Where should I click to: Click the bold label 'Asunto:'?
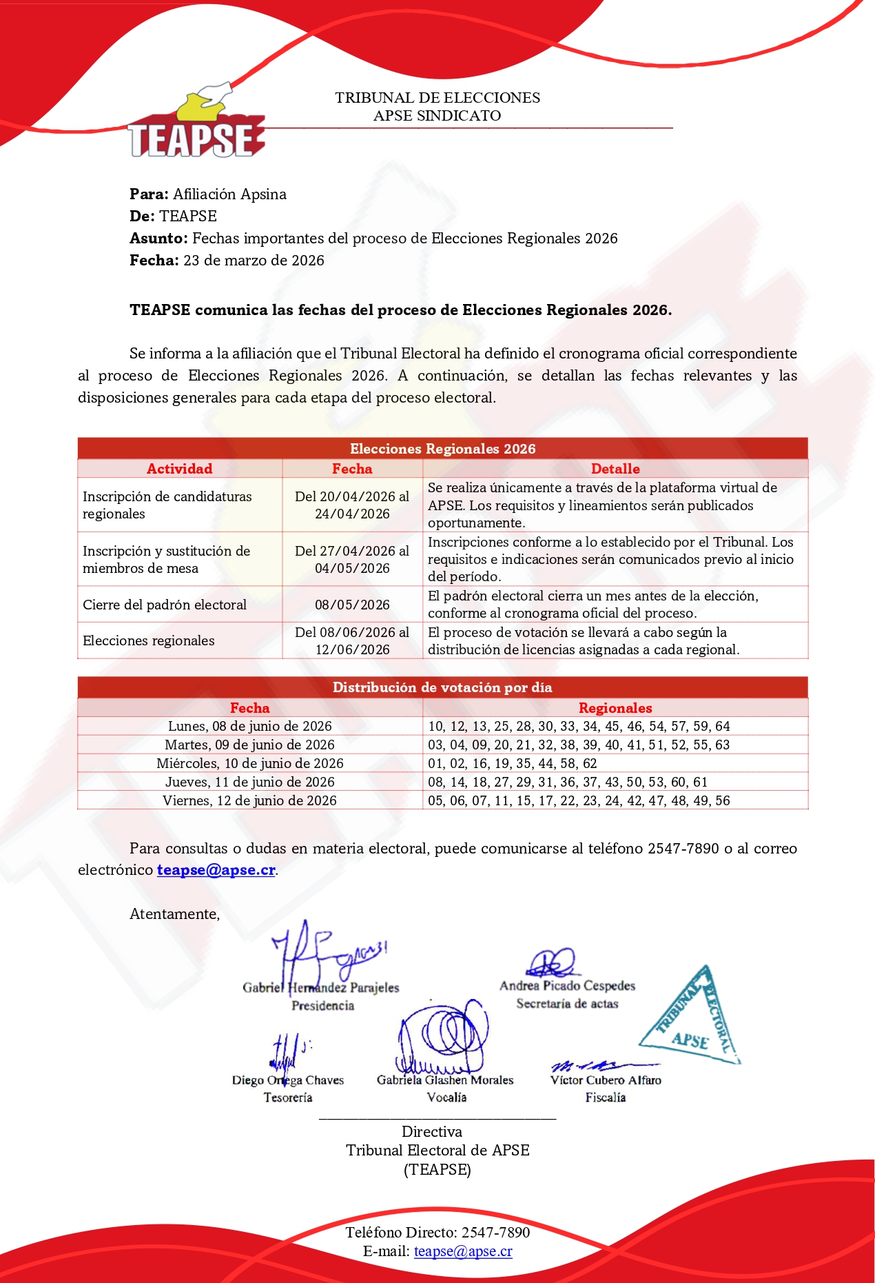[x=158, y=239]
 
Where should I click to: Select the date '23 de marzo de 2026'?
[x=254, y=261]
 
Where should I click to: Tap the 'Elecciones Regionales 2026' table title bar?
[x=442, y=449]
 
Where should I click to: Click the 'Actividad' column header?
[x=179, y=469]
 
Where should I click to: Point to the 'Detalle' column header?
[x=615, y=469]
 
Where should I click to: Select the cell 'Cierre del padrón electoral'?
[x=165, y=605]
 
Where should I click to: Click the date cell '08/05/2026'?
[x=352, y=605]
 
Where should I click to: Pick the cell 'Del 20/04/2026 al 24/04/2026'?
[x=352, y=505]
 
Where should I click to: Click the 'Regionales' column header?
[x=615, y=708]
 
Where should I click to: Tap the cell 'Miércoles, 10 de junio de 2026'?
[x=249, y=763]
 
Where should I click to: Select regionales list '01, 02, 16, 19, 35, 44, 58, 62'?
[x=512, y=763]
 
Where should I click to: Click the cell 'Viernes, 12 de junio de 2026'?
[x=249, y=800]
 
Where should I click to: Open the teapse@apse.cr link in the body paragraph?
[x=216, y=870]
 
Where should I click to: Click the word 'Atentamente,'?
[x=174, y=914]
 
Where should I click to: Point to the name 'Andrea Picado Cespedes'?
[x=567, y=986]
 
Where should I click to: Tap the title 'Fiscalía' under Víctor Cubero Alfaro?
[x=605, y=1098]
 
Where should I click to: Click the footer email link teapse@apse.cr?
[x=463, y=1251]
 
